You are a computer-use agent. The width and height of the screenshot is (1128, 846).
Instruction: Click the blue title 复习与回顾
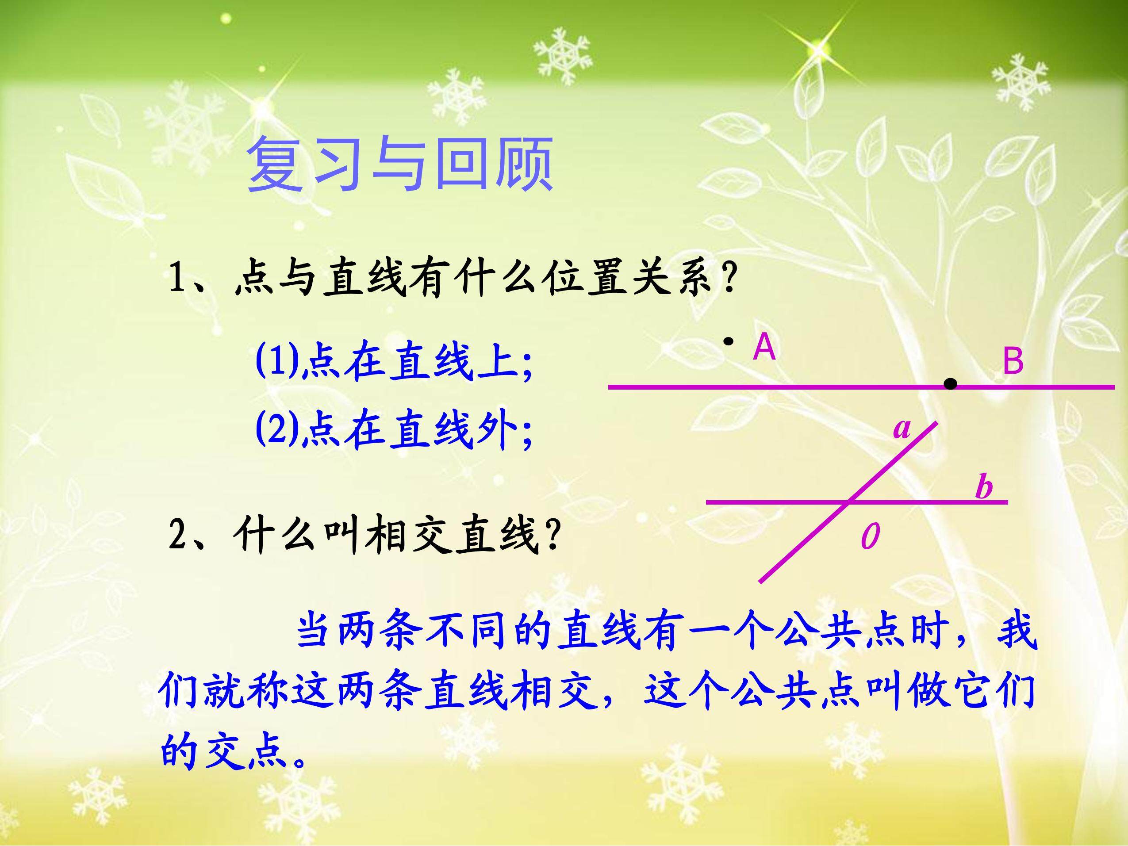(400, 164)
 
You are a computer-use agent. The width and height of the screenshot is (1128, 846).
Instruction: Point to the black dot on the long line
(950, 384)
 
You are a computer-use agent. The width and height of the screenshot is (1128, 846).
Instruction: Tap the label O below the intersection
(870, 536)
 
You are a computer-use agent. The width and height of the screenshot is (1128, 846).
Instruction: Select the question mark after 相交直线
(553, 536)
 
